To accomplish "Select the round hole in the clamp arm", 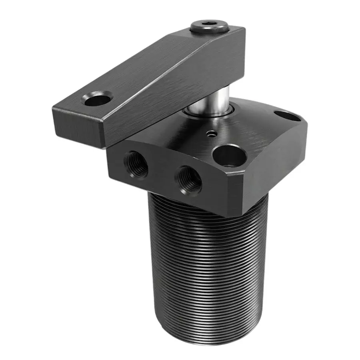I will click(x=97, y=98).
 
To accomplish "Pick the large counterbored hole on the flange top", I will click(x=229, y=155).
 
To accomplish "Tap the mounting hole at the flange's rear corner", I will click(x=287, y=116).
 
